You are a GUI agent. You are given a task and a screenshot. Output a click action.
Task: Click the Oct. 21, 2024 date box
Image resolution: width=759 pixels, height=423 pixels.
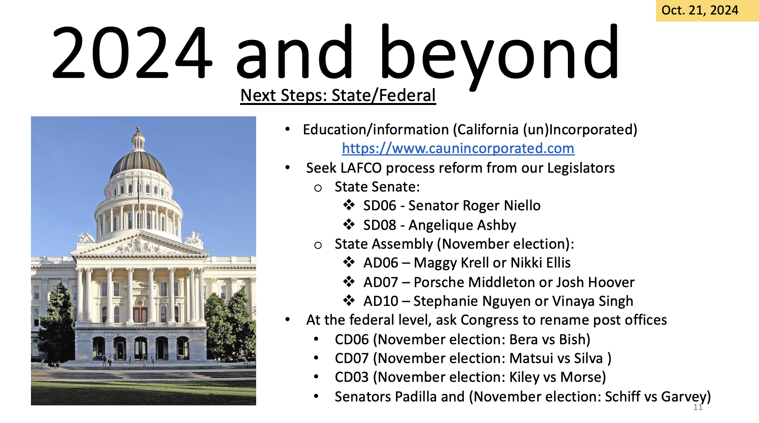tap(707, 11)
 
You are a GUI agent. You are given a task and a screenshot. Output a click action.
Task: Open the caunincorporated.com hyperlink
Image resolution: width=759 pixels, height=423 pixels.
tap(458, 148)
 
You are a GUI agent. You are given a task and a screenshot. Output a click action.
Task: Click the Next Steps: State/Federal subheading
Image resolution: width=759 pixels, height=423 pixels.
tap(338, 96)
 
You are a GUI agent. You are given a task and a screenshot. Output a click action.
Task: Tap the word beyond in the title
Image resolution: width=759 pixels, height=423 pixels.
tap(499, 55)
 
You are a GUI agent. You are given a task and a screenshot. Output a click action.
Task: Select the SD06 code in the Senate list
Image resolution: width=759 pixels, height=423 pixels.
tap(380, 206)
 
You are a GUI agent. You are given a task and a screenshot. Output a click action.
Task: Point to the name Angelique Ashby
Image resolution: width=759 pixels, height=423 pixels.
tap(462, 225)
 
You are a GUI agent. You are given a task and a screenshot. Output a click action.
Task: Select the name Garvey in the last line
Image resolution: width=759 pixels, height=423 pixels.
tap(684, 397)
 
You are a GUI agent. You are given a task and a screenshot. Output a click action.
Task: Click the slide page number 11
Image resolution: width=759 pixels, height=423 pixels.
tap(698, 407)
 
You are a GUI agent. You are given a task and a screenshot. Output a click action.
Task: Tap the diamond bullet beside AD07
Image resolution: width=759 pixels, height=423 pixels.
tap(349, 282)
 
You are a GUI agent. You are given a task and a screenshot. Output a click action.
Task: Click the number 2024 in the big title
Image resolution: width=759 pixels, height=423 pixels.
tap(132, 52)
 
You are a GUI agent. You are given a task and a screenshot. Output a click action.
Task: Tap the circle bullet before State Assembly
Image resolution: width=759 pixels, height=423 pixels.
tap(318, 246)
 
